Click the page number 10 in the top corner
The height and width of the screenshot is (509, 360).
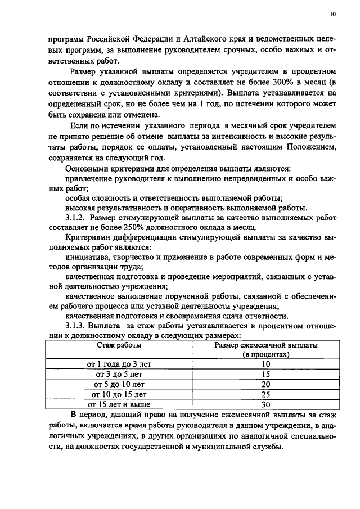click(332, 15)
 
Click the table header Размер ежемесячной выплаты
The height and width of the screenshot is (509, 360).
click(266, 345)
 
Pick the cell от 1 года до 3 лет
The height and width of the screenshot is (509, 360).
click(118, 364)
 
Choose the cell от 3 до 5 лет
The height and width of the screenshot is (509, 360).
click(118, 374)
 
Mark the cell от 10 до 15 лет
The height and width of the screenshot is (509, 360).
click(118, 394)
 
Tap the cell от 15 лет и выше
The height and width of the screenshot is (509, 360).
click(118, 404)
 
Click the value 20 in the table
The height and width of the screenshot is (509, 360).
click(266, 384)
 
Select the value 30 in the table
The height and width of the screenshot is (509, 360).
click(266, 404)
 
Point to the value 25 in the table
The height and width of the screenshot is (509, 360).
click(266, 394)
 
